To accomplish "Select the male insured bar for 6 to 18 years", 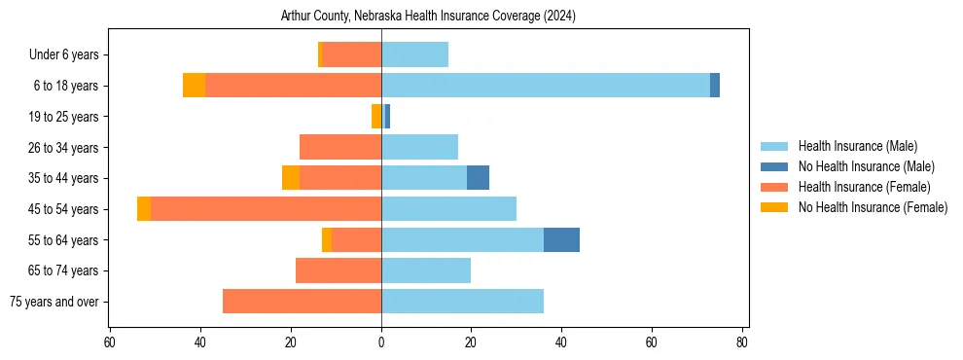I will (x=546, y=86).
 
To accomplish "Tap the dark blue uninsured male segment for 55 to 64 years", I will (x=561, y=240).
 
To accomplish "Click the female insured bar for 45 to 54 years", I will (x=266, y=209).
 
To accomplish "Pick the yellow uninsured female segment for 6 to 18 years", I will (x=194, y=86).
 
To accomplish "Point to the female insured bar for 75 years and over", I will (x=302, y=302).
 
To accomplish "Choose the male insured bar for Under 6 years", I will (x=414, y=55).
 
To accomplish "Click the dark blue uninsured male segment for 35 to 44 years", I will (x=478, y=178).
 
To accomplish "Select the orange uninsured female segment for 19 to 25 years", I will (x=375, y=117).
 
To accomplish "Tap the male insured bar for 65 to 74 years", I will (x=426, y=270).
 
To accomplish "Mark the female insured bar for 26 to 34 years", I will (x=340, y=148).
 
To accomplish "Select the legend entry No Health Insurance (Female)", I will (x=873, y=207).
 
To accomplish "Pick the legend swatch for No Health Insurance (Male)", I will (x=774, y=166).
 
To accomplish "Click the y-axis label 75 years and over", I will (x=54, y=302).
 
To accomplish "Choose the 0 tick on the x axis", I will (x=381, y=342).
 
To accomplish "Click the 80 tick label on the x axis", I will (x=742, y=342).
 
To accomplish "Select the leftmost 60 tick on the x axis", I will (x=110, y=342).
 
